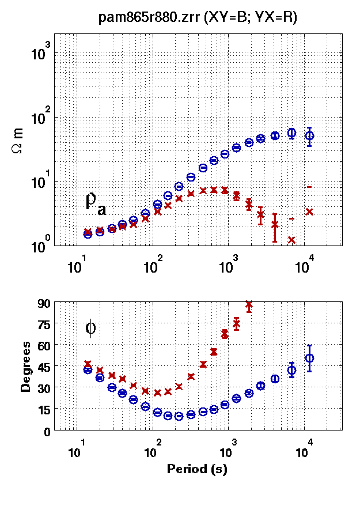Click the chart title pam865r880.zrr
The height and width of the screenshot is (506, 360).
(198, 18)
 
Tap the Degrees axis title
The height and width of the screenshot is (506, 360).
(25, 367)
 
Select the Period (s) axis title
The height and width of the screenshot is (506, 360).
(197, 469)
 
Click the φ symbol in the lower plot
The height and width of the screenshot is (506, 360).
(90, 328)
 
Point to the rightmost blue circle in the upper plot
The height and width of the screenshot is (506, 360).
(309, 136)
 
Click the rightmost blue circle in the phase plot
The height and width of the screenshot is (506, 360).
(309, 358)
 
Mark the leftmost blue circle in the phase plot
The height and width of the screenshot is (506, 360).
(88, 369)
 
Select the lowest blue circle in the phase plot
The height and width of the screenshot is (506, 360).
(179, 416)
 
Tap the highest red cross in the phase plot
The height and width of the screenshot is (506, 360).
(249, 304)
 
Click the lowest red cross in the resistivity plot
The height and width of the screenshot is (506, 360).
(291, 240)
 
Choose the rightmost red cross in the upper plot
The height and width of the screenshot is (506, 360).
(309, 212)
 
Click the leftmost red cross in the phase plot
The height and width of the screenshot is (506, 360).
(88, 364)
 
